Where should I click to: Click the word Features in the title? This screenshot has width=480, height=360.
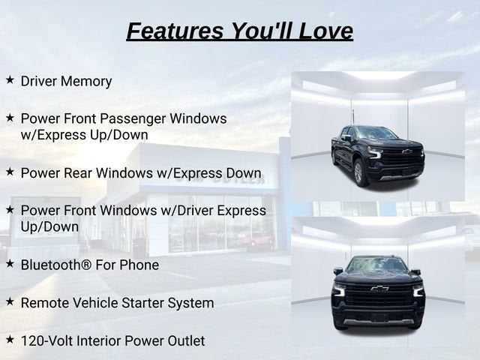(175, 31)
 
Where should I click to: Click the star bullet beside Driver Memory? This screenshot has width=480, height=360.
(10, 80)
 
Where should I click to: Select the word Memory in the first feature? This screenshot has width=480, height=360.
(86, 82)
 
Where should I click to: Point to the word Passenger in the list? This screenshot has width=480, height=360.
(136, 119)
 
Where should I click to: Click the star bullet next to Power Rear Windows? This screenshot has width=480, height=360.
(10, 172)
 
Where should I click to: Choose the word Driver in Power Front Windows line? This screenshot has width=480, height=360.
(195, 211)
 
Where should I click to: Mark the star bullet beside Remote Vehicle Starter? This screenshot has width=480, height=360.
(10, 301)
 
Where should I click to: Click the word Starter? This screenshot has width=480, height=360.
(142, 303)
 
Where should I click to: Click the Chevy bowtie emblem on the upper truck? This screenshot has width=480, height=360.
(406, 151)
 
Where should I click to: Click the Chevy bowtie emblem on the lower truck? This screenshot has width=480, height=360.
(379, 288)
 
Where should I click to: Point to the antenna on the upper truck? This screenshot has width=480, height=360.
(353, 118)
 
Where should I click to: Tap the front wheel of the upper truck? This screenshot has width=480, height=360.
(360, 174)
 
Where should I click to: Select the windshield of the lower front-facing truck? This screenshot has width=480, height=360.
(377, 265)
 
